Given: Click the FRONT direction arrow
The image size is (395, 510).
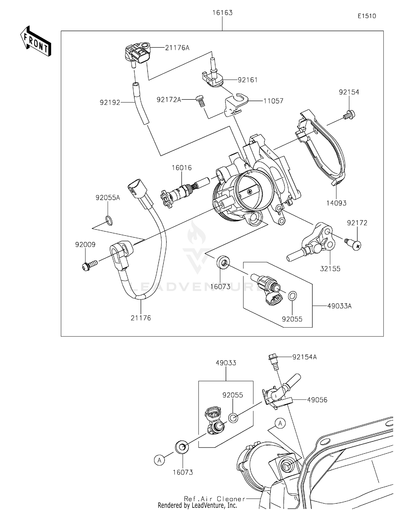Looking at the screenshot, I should (35, 41).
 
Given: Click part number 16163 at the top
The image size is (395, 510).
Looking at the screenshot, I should (223, 13).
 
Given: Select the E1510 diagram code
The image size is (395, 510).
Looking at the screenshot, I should (367, 16).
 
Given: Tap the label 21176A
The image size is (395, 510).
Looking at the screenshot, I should (177, 48).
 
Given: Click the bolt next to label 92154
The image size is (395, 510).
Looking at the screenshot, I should (349, 115).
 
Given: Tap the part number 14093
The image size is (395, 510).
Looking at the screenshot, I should (336, 203).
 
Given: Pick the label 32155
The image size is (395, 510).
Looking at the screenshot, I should (330, 269).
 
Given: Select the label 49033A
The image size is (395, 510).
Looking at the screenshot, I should (339, 306).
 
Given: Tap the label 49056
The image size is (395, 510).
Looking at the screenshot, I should (317, 400).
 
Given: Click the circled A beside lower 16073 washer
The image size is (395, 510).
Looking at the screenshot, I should (159, 460).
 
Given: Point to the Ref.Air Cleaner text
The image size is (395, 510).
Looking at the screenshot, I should (214, 499).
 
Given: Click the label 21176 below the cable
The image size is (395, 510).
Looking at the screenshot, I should (141, 318).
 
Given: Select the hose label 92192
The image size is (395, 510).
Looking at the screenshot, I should (110, 102).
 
